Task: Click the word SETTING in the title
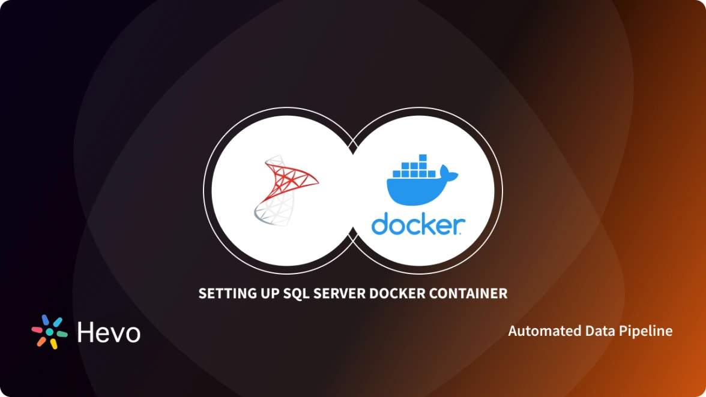click(222, 294)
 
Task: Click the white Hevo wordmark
click(109, 332)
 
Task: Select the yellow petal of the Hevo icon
click(53, 344)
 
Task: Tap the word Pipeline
click(650, 331)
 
